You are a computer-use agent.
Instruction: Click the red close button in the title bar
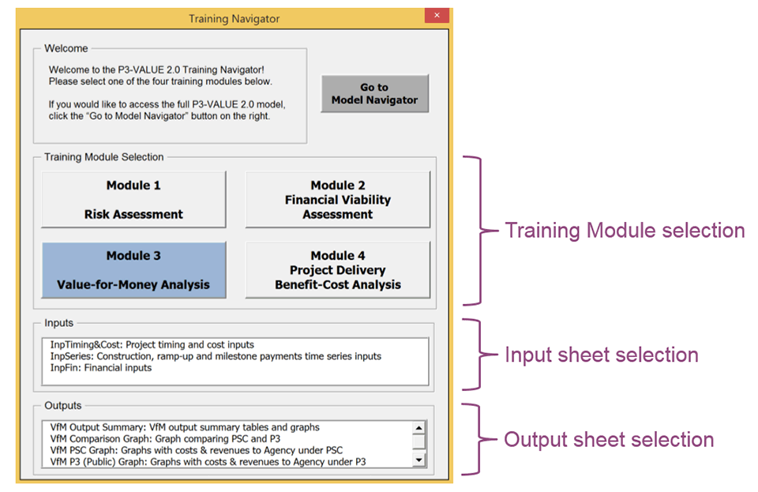(x=437, y=16)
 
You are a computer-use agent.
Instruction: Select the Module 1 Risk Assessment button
(x=134, y=200)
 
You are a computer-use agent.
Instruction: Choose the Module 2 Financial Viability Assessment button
(x=338, y=200)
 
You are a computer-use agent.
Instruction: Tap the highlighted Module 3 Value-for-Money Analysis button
(x=134, y=270)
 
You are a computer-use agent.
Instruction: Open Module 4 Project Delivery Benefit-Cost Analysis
(x=338, y=270)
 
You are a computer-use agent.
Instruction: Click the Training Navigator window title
(x=234, y=19)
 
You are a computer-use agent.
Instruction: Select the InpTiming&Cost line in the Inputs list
(x=152, y=344)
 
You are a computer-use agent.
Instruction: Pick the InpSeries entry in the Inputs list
(x=216, y=356)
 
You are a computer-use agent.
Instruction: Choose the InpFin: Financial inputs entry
(x=101, y=368)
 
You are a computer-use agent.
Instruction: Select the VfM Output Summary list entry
(x=185, y=427)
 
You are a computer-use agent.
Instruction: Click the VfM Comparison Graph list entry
(x=165, y=439)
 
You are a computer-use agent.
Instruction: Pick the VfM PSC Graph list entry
(x=197, y=450)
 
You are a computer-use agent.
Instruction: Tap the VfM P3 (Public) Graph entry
(x=208, y=462)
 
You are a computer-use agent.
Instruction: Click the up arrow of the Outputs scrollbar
(x=419, y=428)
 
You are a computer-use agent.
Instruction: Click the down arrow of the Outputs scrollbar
(x=419, y=460)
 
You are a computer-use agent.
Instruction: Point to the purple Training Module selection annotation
(x=625, y=231)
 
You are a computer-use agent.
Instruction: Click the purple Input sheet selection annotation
(x=602, y=355)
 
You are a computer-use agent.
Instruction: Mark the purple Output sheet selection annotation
(x=609, y=440)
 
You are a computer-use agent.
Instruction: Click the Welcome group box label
(x=66, y=48)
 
